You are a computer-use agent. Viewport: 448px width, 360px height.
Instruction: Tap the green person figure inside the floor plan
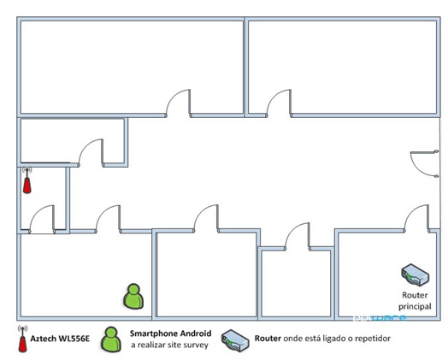tap(133, 296)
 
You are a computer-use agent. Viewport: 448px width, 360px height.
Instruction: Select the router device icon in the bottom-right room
tap(415, 275)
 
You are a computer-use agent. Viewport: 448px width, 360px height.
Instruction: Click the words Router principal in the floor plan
tap(415, 301)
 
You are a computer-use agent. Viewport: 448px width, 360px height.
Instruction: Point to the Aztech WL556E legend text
tap(60, 339)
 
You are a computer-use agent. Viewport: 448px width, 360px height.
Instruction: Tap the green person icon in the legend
tap(111, 339)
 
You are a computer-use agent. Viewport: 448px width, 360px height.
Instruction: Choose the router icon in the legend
tap(235, 340)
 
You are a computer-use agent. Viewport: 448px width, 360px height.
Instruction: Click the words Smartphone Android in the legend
tap(171, 333)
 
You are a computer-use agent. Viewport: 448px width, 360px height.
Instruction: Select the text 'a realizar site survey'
tap(170, 345)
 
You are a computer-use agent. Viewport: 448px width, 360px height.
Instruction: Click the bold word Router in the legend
tap(268, 339)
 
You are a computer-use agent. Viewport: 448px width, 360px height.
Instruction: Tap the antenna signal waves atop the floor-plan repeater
tap(27, 169)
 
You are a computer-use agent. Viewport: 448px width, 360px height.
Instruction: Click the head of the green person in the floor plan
tap(133, 289)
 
